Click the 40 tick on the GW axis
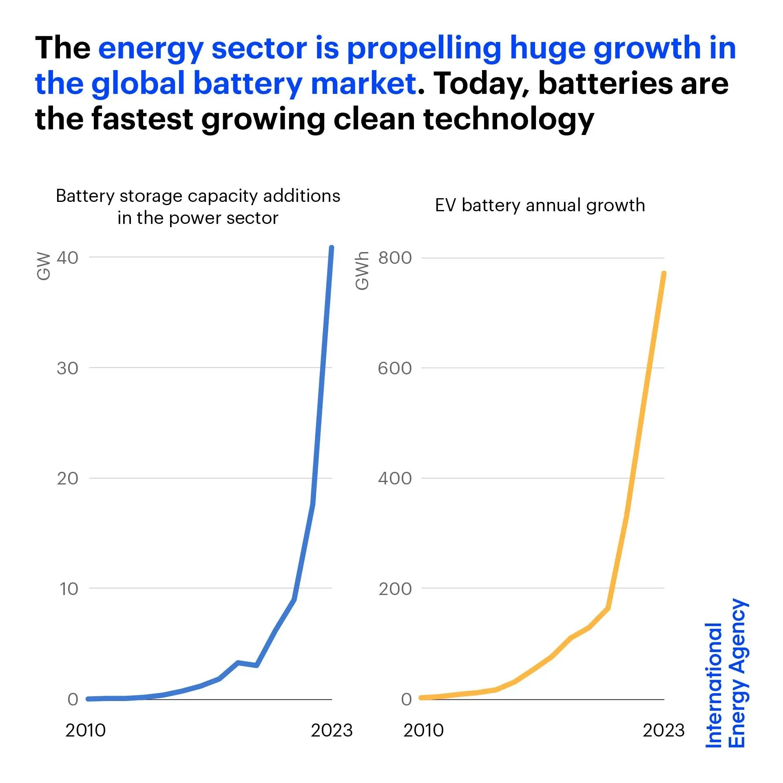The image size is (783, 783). tap(68, 258)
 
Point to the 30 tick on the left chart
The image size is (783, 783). tap(68, 368)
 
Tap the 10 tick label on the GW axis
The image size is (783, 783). tap(69, 589)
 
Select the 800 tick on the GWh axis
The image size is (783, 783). tap(395, 258)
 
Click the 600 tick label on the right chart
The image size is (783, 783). tap(395, 368)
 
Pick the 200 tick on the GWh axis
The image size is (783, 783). tap(395, 589)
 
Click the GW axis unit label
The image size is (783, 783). tap(43, 267)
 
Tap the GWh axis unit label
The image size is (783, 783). tap(362, 271)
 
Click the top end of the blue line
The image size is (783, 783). tap(332, 248)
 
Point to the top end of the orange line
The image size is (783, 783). tap(664, 273)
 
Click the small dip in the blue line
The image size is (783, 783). tap(256, 665)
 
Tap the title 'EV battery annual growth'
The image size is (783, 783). tap(540, 205)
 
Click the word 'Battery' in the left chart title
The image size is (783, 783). tap(85, 196)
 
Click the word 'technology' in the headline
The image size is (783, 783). tap(509, 119)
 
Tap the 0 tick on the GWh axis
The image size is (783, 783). tap(406, 699)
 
